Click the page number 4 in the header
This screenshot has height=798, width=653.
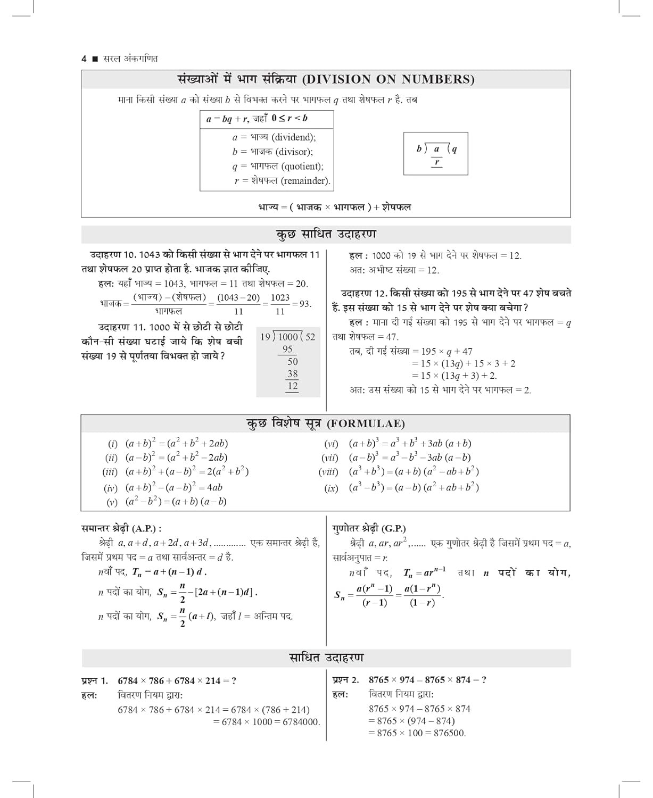pyautogui.click(x=84, y=59)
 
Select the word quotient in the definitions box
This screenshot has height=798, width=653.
pyautogui.click(x=302, y=167)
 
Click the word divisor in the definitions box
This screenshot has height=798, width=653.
pyautogui.click(x=294, y=152)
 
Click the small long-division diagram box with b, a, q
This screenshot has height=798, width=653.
pyautogui.click(x=435, y=154)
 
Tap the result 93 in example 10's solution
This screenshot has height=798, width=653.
pyautogui.click(x=304, y=304)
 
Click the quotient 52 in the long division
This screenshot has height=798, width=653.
pyautogui.click(x=310, y=337)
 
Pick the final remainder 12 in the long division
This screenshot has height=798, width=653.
pyautogui.click(x=293, y=386)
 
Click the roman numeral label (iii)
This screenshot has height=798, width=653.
pyautogui.click(x=111, y=472)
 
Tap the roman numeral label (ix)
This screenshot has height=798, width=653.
pyautogui.click(x=331, y=488)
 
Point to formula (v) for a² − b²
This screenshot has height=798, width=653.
pyautogui.click(x=176, y=502)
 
